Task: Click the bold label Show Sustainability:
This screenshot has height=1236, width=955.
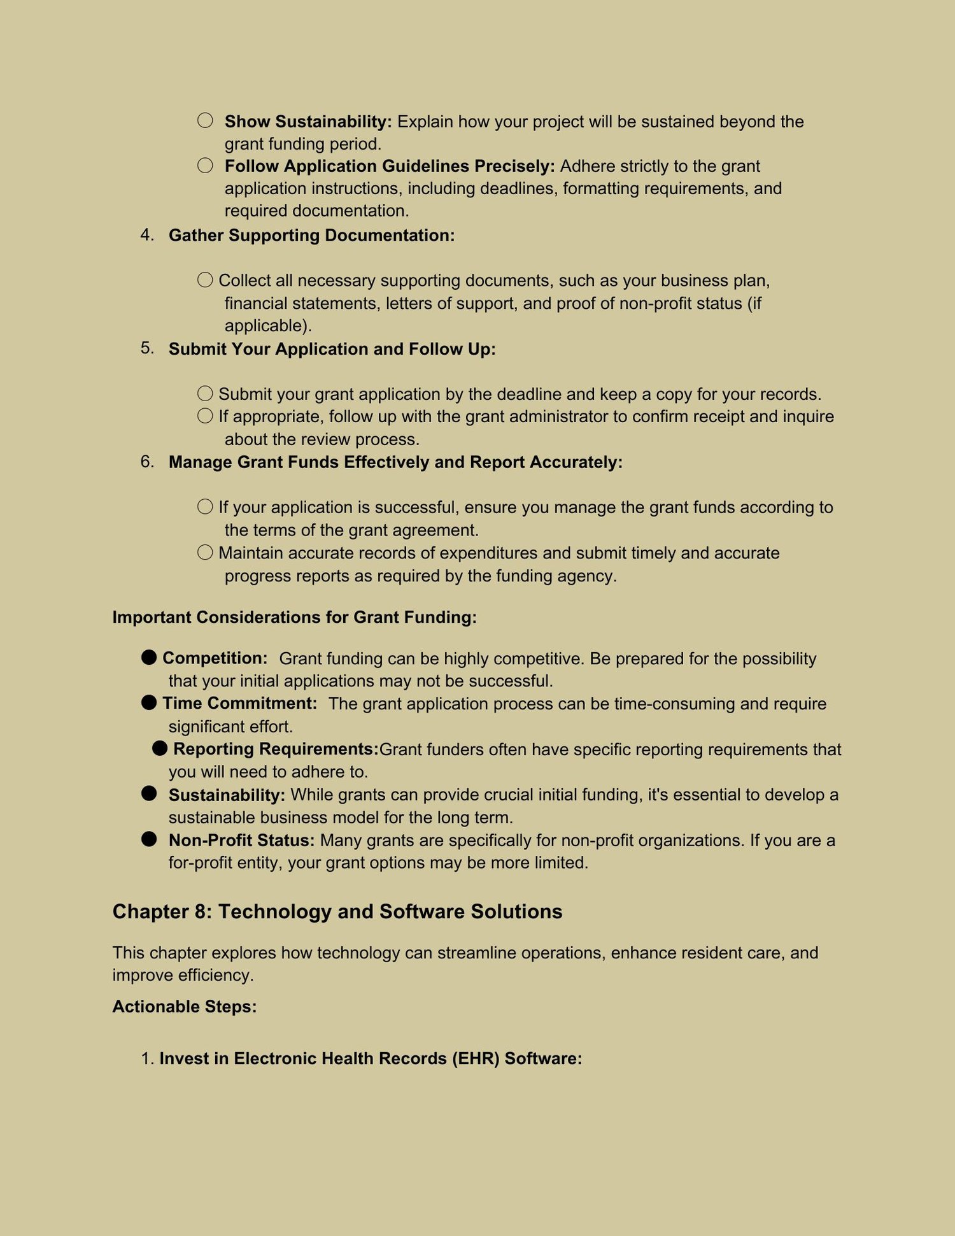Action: click(x=308, y=122)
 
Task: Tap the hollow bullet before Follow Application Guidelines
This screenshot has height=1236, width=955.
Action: click(x=205, y=166)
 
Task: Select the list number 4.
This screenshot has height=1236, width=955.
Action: click(x=147, y=235)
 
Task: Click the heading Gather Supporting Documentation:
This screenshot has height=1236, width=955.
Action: click(x=311, y=236)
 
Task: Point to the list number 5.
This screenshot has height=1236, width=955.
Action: click(x=147, y=348)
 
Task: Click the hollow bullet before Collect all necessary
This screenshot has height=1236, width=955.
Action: click(x=205, y=280)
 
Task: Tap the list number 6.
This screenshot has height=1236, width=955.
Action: click(x=147, y=461)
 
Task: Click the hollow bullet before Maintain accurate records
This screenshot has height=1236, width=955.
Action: click(x=205, y=552)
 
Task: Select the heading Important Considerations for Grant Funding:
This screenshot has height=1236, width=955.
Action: click(x=294, y=617)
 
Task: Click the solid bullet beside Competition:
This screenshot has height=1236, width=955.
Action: click(x=149, y=657)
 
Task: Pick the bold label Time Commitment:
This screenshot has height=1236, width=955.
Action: click(x=239, y=703)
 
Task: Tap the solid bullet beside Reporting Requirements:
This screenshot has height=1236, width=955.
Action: click(x=160, y=748)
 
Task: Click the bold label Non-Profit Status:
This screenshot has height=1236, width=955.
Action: click(x=241, y=841)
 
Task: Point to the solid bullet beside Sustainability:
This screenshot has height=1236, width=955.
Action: click(x=149, y=793)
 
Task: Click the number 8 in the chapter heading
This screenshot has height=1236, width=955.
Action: click(x=203, y=912)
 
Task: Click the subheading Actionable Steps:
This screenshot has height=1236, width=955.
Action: click(x=185, y=1006)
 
